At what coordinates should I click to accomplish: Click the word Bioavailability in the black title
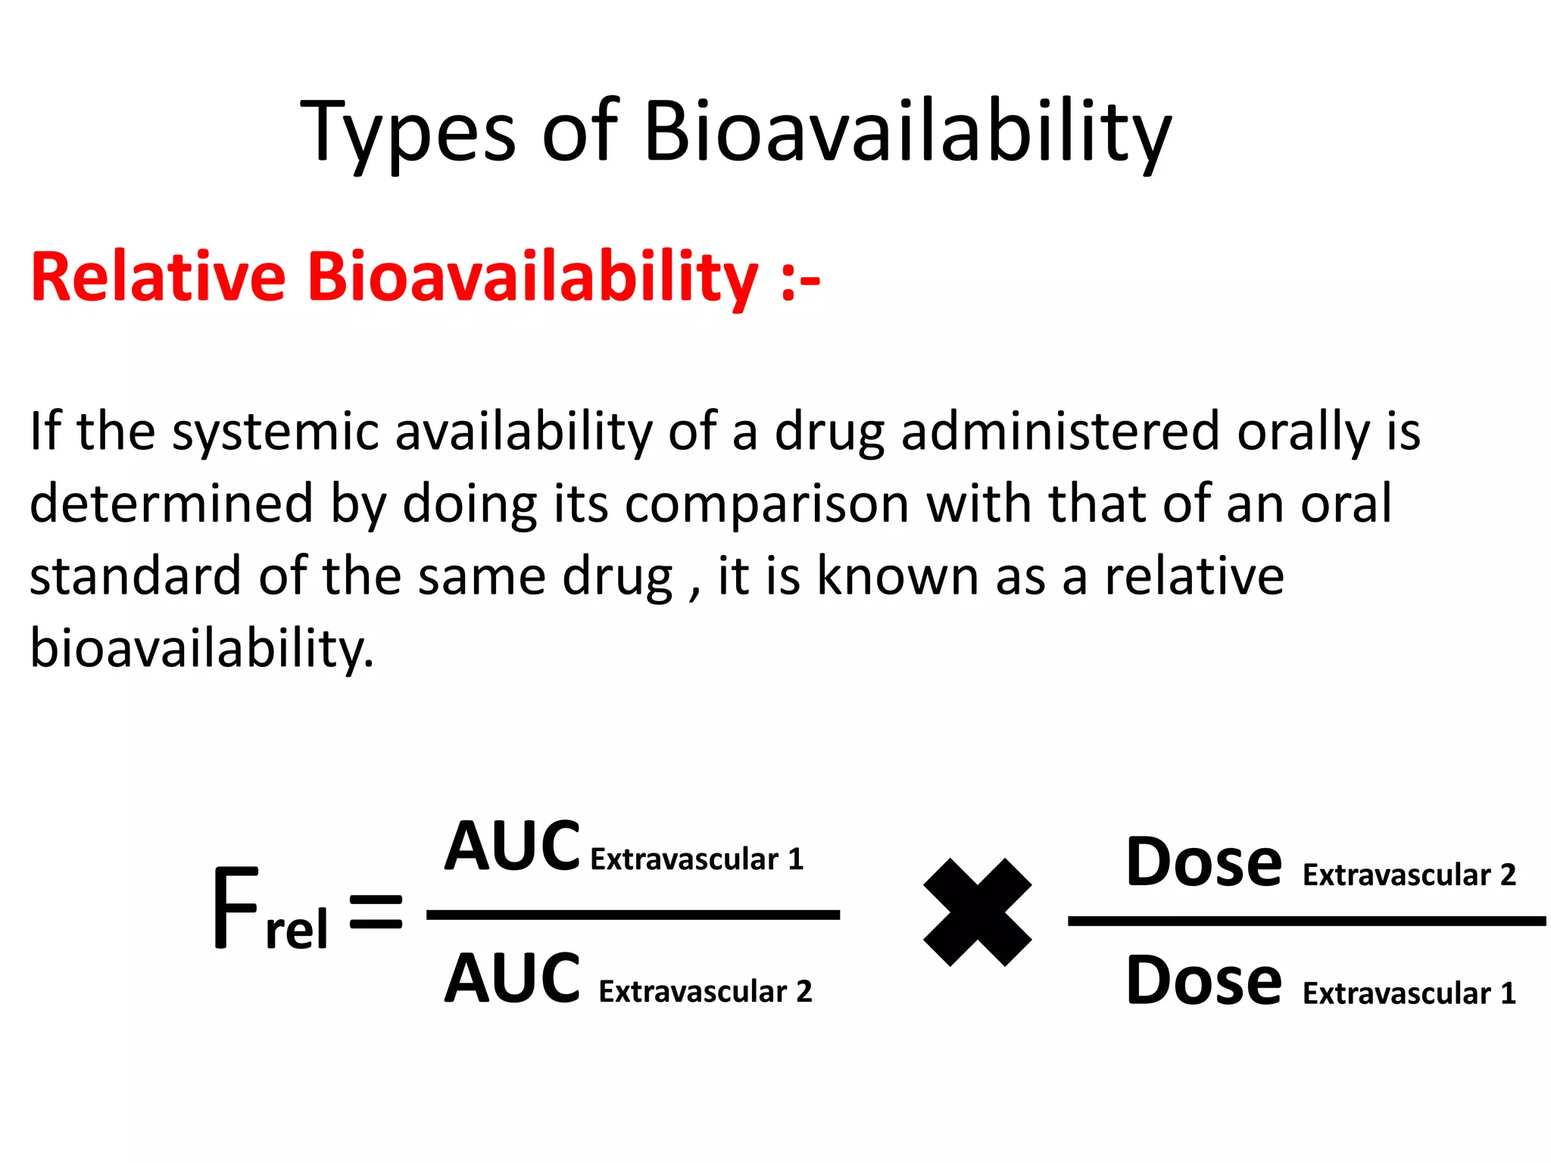pos(907,133)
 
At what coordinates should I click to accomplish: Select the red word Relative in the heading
pos(158,277)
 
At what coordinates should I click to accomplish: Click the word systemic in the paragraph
pos(275,432)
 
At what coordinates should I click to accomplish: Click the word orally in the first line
pos(1303,432)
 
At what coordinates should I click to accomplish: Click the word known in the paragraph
pos(897,576)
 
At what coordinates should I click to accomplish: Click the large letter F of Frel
pos(236,909)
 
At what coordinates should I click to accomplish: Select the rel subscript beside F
pos(297,930)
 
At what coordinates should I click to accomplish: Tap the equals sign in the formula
pos(376,911)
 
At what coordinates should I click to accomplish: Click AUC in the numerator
pos(512,847)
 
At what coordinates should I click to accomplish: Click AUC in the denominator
pos(512,979)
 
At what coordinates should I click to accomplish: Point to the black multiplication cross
pos(977,912)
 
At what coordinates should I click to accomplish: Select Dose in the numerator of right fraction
pos(1204,862)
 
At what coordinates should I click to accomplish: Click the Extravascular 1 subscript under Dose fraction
pos(1409,993)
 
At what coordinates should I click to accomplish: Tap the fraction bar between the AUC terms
pos(633,915)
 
